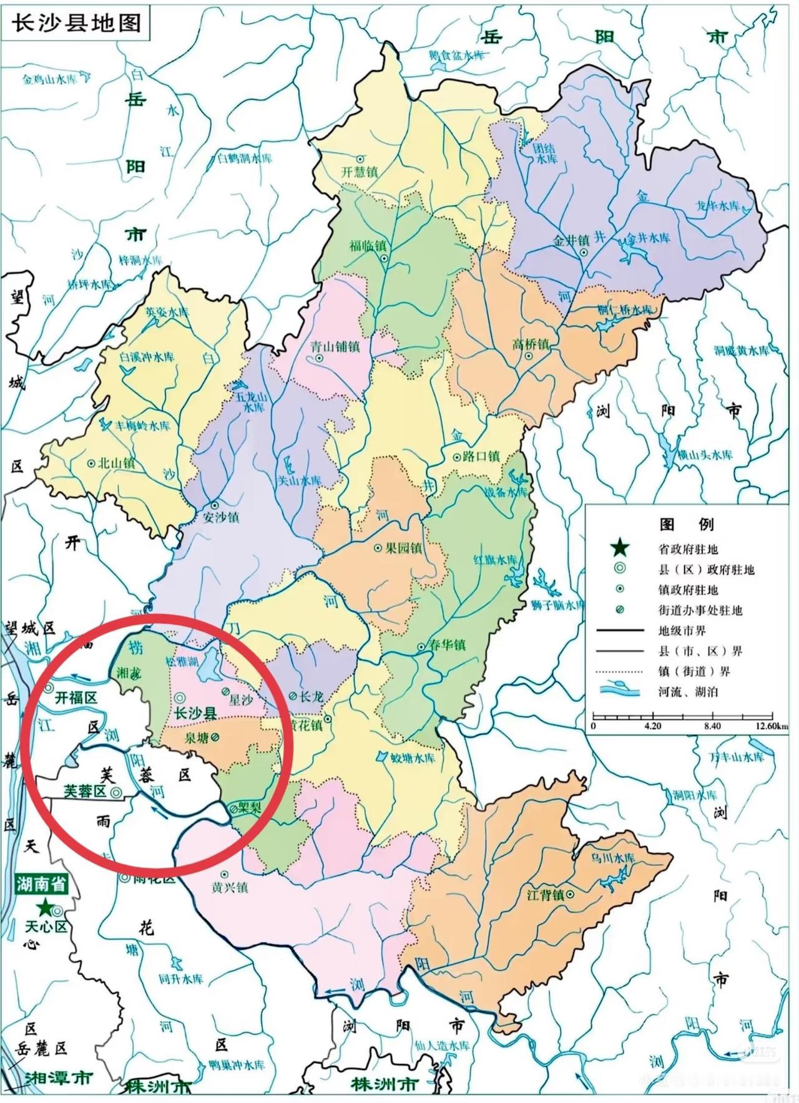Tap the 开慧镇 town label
[360, 172]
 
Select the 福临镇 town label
[368, 245]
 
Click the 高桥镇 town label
[531, 344]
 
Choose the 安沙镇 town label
[221, 517]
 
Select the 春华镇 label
[446, 646]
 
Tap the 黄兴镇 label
[229, 887]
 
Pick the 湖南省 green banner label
[41, 884]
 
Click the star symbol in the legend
[619, 548]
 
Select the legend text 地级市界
[684, 631]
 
